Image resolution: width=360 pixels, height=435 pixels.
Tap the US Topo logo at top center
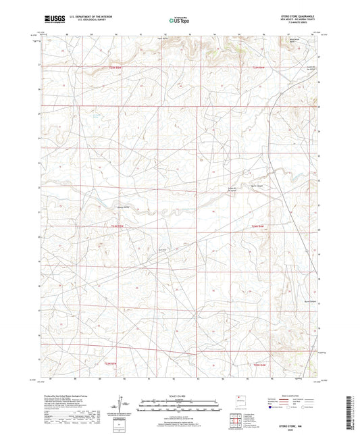(x=178, y=22)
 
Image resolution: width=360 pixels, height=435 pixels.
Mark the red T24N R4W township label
(x=254, y=226)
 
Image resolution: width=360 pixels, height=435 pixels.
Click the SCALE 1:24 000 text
(x=179, y=396)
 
